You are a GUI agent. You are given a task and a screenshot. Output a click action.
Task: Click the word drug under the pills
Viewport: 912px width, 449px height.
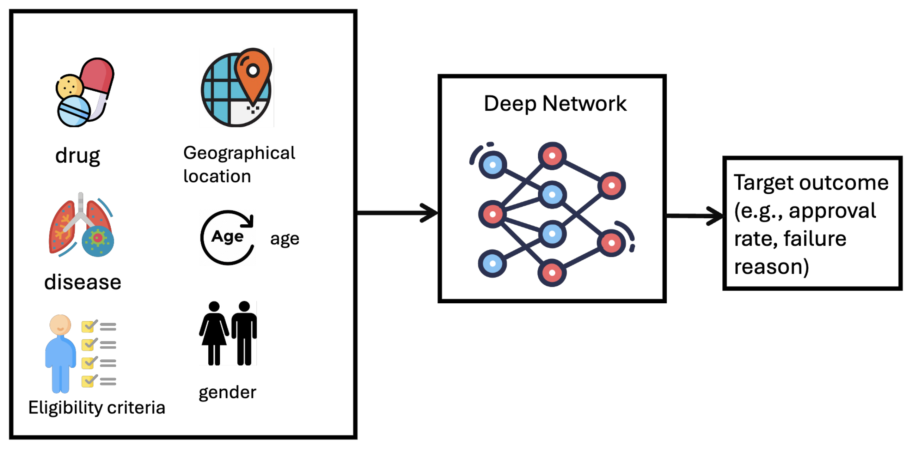pos(78,156)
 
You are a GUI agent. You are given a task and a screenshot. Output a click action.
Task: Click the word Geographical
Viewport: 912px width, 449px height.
pos(239,153)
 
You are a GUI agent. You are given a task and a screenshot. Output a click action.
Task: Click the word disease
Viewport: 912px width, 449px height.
pos(82,282)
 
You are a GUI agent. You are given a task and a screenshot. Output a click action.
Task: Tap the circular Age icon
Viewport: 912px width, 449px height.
pos(228,237)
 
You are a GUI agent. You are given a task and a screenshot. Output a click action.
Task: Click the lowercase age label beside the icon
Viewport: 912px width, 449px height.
pos(284,239)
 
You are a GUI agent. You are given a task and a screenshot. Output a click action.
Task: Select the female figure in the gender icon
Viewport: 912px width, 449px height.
pos(214,333)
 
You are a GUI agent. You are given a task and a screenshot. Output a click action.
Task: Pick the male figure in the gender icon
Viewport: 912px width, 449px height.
pos(244,333)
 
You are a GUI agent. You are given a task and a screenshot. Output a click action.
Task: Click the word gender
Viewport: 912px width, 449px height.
pos(227,392)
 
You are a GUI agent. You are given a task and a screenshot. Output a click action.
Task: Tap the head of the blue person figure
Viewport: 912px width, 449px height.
pos(60,324)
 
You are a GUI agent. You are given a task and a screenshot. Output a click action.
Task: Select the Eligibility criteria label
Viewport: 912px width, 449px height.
pos(97,408)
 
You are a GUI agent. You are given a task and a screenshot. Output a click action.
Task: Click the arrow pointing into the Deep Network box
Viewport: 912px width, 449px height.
pos(397,213)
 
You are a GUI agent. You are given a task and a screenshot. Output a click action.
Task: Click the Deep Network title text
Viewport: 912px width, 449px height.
pos(555,104)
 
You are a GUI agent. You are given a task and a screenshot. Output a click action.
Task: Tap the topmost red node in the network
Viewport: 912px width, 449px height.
pos(552,156)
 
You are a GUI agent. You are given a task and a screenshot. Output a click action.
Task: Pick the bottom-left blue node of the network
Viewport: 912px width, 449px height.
pos(492,263)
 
